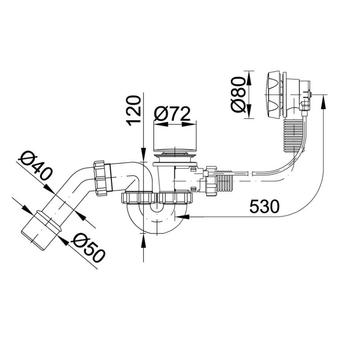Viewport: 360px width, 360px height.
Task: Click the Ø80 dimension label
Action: (x=238, y=94)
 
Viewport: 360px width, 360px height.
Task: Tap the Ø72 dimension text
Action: (x=172, y=113)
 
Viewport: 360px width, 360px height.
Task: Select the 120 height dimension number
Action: (x=134, y=111)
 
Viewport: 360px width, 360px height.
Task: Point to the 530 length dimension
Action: (x=264, y=206)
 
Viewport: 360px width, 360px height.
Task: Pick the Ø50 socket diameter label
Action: (x=88, y=248)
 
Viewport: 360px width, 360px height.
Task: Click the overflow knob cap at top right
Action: (x=273, y=95)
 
